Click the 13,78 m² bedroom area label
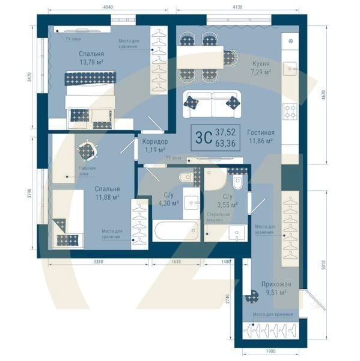click(91, 63)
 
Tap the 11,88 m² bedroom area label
click(106, 197)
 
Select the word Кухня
click(260, 63)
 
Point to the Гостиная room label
click(261, 132)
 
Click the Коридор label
click(155, 142)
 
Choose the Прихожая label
click(276, 284)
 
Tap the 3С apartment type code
click(203, 136)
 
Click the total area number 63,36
click(226, 142)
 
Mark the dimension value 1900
click(270, 351)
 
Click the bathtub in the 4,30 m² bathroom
click(174, 232)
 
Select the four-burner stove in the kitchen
click(290, 111)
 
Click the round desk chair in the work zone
click(85, 150)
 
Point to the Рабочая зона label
click(88, 171)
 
